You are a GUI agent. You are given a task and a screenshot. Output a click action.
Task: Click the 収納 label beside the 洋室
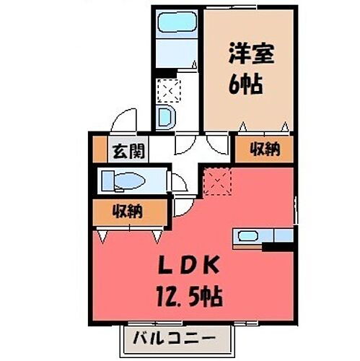click(x=264, y=150)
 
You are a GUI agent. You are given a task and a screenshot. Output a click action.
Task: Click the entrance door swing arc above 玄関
click(x=124, y=120)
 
